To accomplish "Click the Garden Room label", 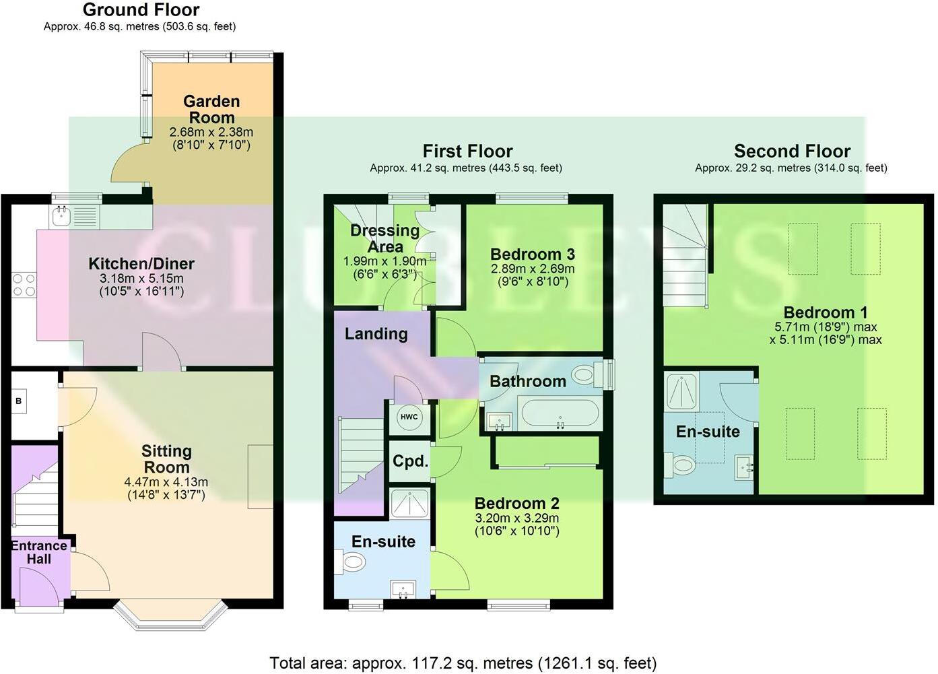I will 211,109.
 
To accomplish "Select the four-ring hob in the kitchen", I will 24,284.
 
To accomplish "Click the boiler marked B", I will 19,401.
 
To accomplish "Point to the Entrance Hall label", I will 39,552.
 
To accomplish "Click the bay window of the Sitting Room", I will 169,617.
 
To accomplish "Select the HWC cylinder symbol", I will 409,417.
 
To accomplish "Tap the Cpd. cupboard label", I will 410,462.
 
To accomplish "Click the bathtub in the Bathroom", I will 560,413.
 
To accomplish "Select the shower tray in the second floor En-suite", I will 685,391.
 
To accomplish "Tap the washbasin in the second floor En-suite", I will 745,465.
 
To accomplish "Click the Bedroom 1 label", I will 826,312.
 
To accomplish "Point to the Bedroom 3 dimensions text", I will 533,275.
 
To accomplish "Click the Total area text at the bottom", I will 463,663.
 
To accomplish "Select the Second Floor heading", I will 792,151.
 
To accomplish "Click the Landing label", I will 376,334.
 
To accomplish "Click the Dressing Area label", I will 384,238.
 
